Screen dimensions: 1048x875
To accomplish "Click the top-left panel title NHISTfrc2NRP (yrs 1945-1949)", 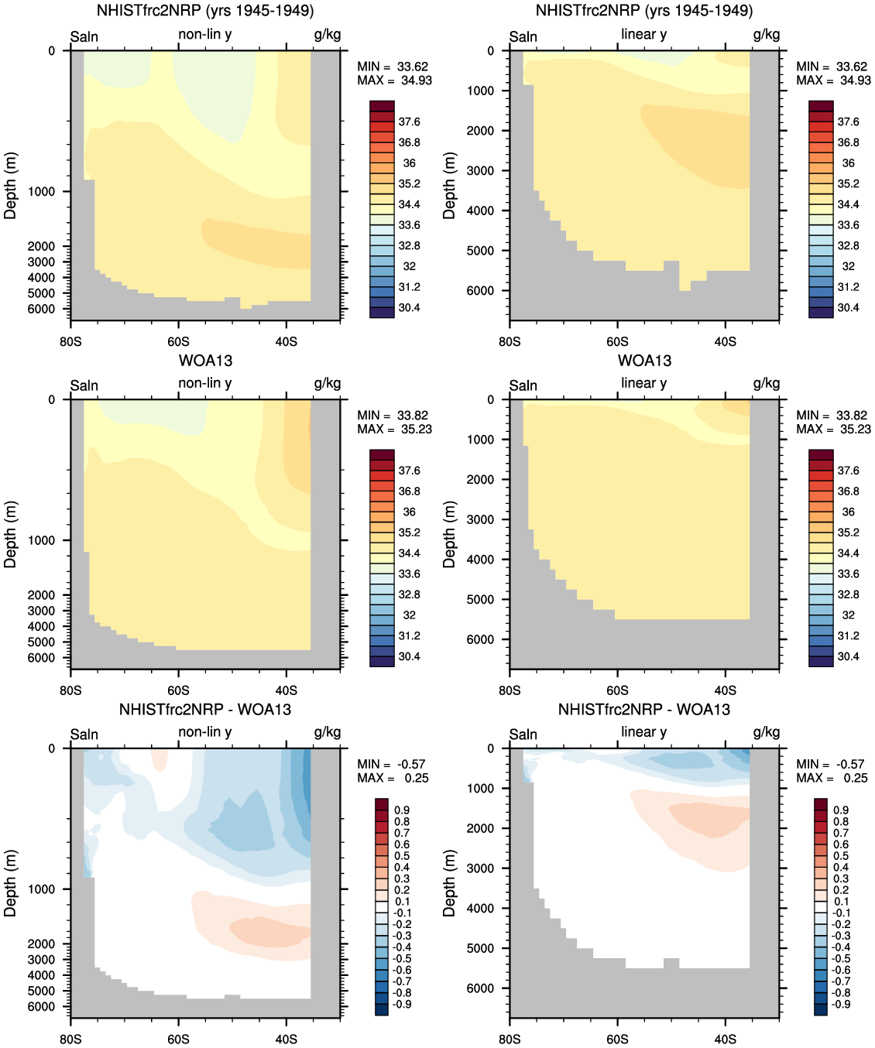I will click(205, 11).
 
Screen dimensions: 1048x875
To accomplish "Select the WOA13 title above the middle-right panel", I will click(644, 360).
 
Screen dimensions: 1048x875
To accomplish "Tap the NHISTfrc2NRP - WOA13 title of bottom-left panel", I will click(205, 709).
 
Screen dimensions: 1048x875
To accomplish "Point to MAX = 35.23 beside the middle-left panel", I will click(394, 429).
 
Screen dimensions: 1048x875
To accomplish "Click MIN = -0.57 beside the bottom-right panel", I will click(830, 764).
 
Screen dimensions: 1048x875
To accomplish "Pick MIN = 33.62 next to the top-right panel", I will click(832, 67).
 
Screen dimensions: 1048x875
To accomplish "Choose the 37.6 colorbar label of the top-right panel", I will click(848, 122).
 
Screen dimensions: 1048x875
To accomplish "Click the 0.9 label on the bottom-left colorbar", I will click(403, 810).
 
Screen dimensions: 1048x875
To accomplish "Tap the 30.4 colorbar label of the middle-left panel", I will click(409, 656).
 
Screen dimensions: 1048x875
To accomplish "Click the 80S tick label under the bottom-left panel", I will click(70, 1039).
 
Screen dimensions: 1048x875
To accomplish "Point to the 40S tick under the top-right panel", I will click(725, 341).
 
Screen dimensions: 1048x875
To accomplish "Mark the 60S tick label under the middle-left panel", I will click(178, 690).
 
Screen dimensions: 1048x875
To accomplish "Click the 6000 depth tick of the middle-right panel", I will click(480, 639).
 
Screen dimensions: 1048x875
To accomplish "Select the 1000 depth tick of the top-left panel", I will click(42, 192).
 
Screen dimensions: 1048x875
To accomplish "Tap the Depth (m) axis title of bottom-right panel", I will click(449, 882).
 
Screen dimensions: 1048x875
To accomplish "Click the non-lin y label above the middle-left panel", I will click(205, 383).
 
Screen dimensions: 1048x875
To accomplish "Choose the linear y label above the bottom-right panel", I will click(643, 731).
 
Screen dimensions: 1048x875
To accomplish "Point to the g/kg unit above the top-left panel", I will click(328, 34).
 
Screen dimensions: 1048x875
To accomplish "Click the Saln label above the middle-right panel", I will click(523, 385).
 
